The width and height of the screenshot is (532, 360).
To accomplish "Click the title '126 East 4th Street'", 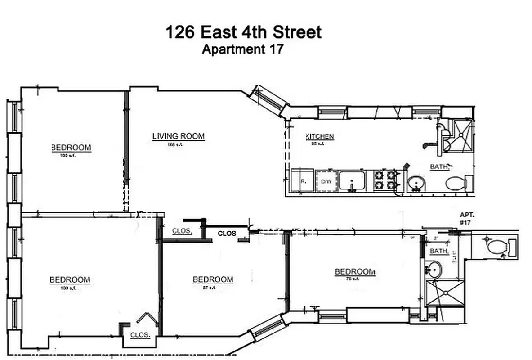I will pos(243,32).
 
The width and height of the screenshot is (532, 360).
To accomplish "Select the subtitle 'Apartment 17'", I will pos(242,49).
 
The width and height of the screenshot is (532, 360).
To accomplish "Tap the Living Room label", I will pos(178,136).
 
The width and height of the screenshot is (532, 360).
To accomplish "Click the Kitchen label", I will pos(320,136).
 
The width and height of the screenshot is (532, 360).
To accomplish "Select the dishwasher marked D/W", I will pos(326,181).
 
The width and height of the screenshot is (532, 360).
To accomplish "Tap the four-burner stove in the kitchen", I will pos(385,180).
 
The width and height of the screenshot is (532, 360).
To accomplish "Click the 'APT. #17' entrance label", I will pos(465,219).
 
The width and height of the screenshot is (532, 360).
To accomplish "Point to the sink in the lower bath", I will pos(434,270).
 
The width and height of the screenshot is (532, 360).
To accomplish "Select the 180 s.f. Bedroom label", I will pos(70,280).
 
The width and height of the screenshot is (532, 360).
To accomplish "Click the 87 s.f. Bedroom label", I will pos(213,279).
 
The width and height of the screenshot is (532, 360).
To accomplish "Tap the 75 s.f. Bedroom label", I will pos(354,272).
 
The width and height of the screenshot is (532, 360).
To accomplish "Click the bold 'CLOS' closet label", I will pos(227,234).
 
